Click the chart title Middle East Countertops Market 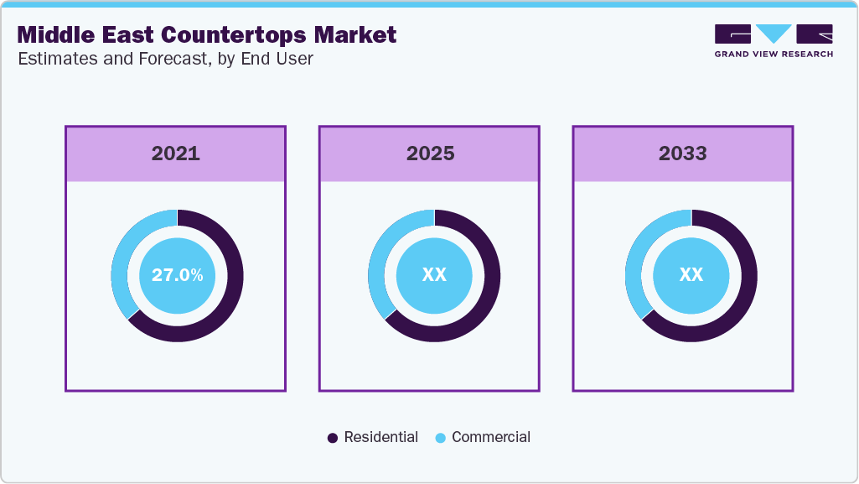[x=207, y=35]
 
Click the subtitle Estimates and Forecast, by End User [x=165, y=60]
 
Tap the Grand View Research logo [x=774, y=40]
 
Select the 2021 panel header [x=175, y=154]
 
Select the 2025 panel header [x=430, y=154]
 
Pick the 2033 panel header [x=682, y=154]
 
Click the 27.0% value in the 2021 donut [x=177, y=275]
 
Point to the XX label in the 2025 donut [x=434, y=275]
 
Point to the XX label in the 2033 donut [x=691, y=275]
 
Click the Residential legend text [x=380, y=437]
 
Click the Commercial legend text [x=491, y=437]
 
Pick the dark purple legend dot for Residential [x=333, y=438]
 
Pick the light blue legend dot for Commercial [x=441, y=438]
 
